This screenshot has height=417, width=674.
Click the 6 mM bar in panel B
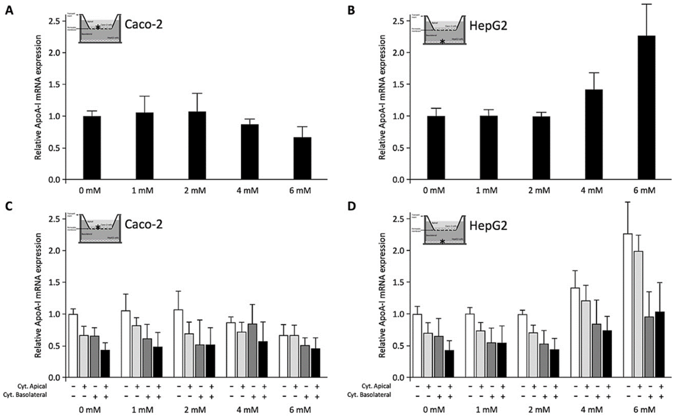tap(646, 108)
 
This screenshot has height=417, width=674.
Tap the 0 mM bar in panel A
tap(92, 148)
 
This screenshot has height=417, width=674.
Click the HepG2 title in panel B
tap(488, 26)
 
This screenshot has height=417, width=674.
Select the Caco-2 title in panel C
tap(144, 224)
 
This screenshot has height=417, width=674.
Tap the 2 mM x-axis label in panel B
tap(539, 190)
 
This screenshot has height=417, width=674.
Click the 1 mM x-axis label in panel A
tap(142, 190)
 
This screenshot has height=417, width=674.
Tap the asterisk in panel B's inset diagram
tap(442, 42)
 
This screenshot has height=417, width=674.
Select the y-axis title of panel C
tap(38, 295)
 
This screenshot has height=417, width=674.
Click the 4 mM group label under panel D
tap(591, 410)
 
